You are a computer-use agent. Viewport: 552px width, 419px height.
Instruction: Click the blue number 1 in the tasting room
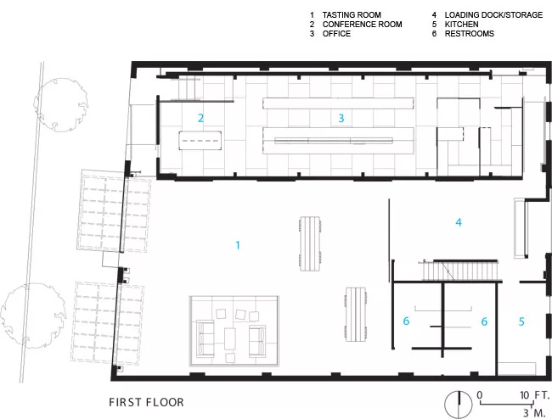(238, 245)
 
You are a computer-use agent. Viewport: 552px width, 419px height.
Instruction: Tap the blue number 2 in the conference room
(200, 118)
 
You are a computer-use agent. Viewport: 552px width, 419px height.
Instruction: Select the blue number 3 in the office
(341, 118)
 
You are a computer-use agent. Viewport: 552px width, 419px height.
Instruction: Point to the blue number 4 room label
(459, 222)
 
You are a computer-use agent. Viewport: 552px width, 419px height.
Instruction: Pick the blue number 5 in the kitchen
(521, 321)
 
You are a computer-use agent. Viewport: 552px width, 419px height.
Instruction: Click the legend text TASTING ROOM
(352, 15)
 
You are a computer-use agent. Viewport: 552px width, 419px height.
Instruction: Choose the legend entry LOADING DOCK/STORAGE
(493, 15)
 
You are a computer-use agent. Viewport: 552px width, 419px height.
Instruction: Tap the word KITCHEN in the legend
(461, 25)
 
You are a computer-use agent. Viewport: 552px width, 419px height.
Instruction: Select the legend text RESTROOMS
(470, 34)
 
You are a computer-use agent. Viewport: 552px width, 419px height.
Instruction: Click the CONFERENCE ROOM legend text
(363, 25)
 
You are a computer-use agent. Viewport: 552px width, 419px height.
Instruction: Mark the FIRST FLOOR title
(146, 402)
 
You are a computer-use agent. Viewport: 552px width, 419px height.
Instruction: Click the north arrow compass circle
(459, 405)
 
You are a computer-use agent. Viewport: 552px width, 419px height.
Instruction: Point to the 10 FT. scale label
(535, 395)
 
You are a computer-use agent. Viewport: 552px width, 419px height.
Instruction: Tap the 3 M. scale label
(534, 413)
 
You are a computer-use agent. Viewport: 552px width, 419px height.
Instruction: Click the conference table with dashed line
(200, 141)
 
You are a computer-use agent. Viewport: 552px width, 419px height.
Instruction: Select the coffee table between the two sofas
(230, 338)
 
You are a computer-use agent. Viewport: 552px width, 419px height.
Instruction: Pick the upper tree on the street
(61, 105)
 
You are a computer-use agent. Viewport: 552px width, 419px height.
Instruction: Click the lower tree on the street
(33, 316)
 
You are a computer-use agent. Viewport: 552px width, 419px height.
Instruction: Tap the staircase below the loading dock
(460, 271)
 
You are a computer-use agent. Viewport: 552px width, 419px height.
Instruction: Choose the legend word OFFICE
(336, 34)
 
